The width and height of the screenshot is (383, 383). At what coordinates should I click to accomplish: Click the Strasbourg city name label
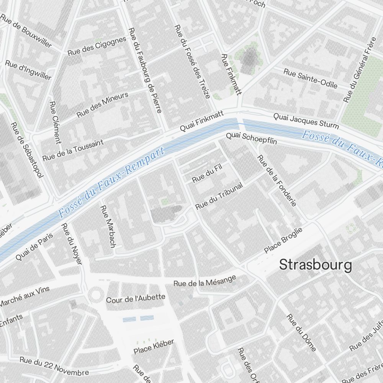315,265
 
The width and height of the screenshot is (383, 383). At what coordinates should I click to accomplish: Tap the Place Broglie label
283,240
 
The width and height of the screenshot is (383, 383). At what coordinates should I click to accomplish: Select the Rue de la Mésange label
205,282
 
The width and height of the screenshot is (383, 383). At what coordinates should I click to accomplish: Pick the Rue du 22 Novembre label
54,367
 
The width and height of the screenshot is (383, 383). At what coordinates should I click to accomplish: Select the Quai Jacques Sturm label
306,121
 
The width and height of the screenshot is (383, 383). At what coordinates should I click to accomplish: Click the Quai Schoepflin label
251,139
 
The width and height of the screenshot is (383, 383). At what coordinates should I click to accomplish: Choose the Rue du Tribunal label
219,196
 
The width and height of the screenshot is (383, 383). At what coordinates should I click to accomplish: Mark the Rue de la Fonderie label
277,180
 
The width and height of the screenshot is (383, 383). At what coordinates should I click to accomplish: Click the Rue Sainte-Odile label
310,78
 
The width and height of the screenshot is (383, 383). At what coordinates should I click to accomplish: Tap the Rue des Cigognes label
97,46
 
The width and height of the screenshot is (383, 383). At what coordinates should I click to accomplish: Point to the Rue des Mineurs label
102,105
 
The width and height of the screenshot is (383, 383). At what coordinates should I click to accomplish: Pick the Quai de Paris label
34,247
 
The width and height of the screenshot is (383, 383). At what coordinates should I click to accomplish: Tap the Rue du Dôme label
301,332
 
